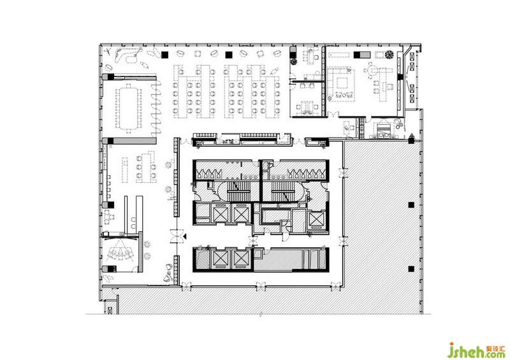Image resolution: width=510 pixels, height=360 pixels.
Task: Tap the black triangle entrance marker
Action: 184,236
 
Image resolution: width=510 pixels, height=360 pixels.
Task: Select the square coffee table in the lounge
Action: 342,83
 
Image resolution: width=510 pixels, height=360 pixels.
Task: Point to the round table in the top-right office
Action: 372,69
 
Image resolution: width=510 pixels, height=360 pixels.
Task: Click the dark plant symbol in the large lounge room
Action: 389,55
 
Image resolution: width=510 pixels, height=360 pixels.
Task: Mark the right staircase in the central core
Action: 283,191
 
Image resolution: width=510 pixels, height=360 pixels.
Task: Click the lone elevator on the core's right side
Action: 317,219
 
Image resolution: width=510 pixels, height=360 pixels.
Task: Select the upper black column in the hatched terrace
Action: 411,205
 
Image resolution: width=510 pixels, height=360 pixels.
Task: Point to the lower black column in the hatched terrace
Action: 411,269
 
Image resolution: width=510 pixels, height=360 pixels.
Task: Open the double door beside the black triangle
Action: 177,236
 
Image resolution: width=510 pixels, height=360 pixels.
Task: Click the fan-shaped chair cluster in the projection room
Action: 120,253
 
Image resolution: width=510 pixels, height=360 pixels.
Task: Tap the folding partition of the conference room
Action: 156,108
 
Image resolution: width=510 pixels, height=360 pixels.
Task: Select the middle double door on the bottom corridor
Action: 261,286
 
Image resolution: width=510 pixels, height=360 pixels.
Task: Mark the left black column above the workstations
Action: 164,55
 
